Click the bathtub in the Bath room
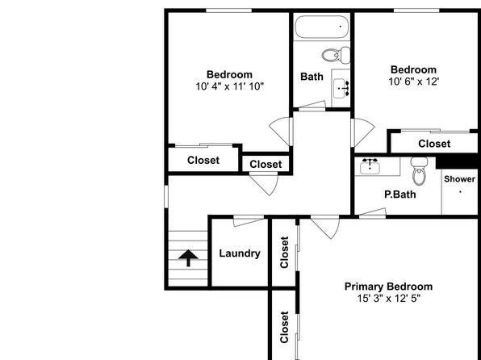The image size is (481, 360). pyautogui.click(x=322, y=27)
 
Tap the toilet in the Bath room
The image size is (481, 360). pyautogui.click(x=336, y=55)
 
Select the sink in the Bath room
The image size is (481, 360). pyautogui.click(x=341, y=89)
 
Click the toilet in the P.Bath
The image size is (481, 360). pyautogui.click(x=419, y=171)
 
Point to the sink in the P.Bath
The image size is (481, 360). pyautogui.click(x=370, y=166)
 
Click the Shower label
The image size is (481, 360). pyautogui.click(x=459, y=179)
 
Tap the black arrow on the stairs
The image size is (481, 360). pyautogui.click(x=188, y=257)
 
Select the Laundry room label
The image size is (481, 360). pyautogui.click(x=240, y=253)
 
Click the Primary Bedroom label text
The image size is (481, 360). pyautogui.click(x=388, y=287)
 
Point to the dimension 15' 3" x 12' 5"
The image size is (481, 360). pyautogui.click(x=388, y=299)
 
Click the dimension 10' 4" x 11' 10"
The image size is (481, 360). pyautogui.click(x=230, y=86)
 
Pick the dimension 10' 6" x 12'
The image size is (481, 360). pyautogui.click(x=414, y=82)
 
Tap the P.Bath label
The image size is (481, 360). pyautogui.click(x=400, y=195)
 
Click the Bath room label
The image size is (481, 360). pyautogui.click(x=312, y=77)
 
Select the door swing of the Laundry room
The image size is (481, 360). pyautogui.click(x=249, y=221)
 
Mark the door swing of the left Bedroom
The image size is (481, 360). pyautogui.click(x=280, y=132)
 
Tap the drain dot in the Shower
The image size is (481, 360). pyautogui.click(x=461, y=192)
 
